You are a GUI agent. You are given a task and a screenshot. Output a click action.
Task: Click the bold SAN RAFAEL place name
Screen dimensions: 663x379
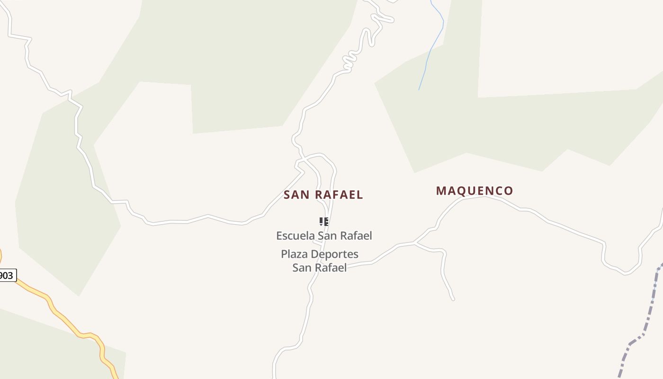tap(323, 195)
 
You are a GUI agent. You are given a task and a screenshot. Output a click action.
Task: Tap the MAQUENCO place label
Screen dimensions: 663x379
tap(475, 191)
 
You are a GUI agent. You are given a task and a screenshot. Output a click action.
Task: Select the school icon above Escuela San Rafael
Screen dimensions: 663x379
tap(324, 221)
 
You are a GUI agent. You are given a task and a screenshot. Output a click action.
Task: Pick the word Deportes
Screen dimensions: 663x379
tap(334, 254)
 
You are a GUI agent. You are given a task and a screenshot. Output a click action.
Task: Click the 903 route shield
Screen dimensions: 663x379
tap(7, 275)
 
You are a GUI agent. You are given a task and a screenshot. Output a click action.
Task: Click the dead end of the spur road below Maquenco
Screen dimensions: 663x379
tap(453, 299)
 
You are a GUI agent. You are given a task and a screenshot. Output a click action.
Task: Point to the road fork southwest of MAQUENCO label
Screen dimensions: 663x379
tap(414, 244)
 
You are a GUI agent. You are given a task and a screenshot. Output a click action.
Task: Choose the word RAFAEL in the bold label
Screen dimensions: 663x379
tap(339, 195)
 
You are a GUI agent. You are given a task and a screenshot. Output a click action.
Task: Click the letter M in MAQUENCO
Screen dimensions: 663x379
tap(441, 191)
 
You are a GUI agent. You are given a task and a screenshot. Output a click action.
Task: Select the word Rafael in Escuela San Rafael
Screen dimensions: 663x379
tap(356, 235)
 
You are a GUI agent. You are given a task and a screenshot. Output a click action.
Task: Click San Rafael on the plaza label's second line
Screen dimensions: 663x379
tap(319, 268)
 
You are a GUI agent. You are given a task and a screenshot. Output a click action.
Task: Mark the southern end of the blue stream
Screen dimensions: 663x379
tap(419, 90)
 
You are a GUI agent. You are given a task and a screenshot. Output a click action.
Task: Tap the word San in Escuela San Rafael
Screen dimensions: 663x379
tap(327, 235)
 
